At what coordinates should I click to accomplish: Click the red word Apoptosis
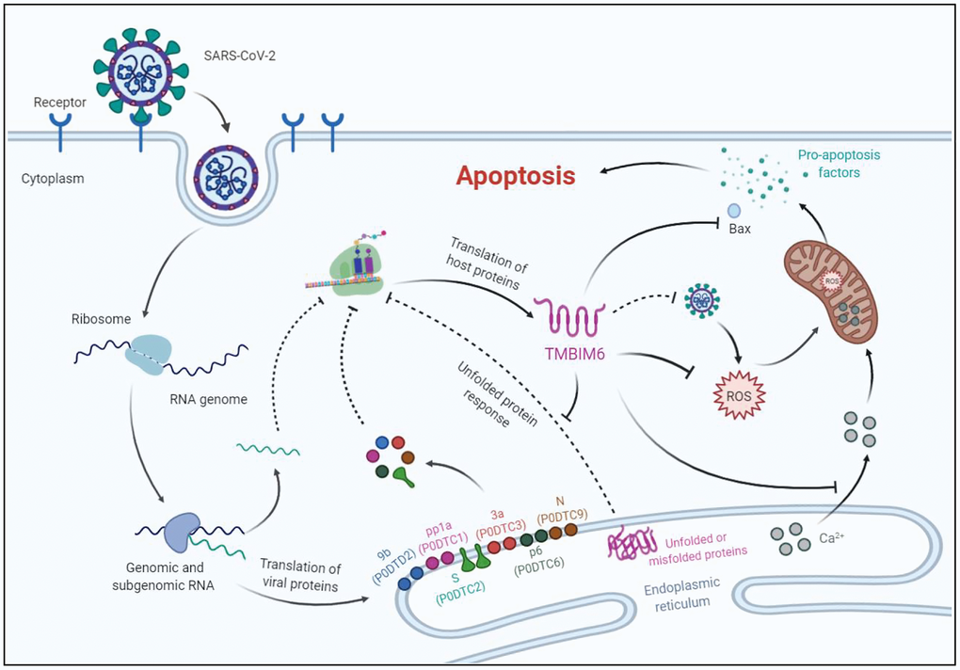pos(515,176)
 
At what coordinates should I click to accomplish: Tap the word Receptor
pos(59,102)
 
